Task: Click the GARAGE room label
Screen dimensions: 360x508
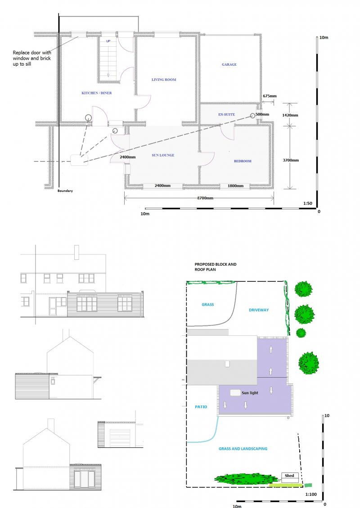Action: click(x=229, y=64)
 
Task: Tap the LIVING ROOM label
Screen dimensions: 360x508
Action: click(x=164, y=80)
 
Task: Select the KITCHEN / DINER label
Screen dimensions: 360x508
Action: click(x=97, y=93)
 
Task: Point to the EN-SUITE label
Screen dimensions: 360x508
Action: click(x=226, y=114)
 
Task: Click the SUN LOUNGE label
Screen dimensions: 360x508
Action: click(x=163, y=155)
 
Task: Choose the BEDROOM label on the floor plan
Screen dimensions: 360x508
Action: click(x=243, y=161)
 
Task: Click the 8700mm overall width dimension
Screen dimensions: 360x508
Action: click(x=205, y=198)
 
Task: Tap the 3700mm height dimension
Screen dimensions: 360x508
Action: click(x=291, y=160)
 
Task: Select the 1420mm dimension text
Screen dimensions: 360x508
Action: click(x=290, y=115)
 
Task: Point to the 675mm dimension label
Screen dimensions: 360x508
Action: click(x=270, y=96)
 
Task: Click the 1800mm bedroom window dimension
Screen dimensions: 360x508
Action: click(x=235, y=186)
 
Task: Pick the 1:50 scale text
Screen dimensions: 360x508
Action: click(x=308, y=204)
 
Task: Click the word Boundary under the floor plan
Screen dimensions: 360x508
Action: click(x=65, y=191)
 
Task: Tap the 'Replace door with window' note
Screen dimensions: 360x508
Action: click(x=32, y=58)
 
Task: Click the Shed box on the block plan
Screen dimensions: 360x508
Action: click(x=290, y=477)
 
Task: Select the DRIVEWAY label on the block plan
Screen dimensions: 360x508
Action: click(x=259, y=310)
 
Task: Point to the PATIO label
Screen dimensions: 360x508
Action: click(x=201, y=407)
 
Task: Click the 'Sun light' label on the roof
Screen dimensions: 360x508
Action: click(x=250, y=392)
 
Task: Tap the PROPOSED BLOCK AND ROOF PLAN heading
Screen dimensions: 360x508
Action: click(x=216, y=267)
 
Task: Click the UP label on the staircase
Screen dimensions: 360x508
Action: click(x=108, y=41)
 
